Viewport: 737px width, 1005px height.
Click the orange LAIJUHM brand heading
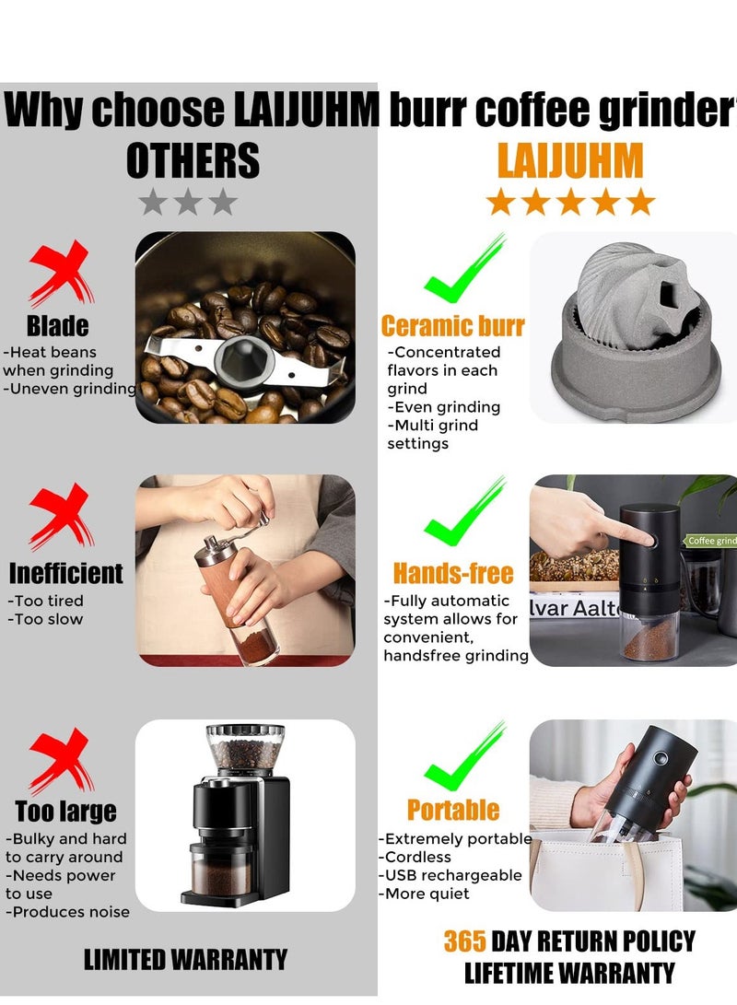[569, 161]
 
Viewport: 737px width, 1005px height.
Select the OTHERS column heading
[193, 161]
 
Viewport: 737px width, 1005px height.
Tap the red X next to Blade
[61, 274]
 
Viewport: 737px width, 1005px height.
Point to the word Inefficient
[65, 573]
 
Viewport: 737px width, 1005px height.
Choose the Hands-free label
[452, 573]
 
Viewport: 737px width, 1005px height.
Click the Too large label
[65, 811]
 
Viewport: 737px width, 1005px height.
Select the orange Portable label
[452, 810]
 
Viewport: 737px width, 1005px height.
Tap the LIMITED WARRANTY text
[185, 959]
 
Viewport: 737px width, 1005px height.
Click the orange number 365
[464, 941]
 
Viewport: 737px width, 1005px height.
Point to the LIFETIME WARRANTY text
[568, 973]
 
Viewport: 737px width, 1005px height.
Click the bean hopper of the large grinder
[244, 746]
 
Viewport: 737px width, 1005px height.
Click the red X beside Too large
[61, 761]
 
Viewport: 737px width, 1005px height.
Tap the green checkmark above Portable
[466, 756]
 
